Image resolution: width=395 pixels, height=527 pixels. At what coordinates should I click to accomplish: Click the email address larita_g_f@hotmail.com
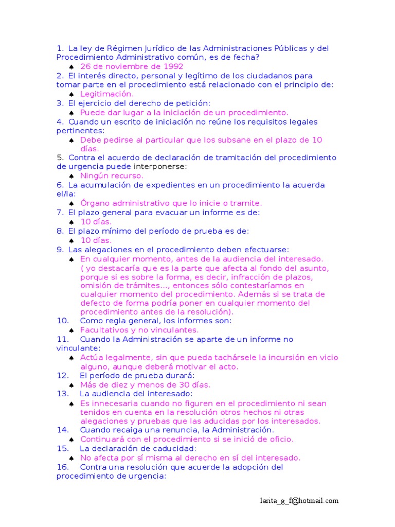coord(299,501)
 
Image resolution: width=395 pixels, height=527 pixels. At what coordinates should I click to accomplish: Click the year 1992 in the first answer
coord(173,66)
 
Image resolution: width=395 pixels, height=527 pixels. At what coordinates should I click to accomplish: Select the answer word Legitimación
coord(107,94)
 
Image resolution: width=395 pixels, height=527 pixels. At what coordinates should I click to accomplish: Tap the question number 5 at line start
coord(60,157)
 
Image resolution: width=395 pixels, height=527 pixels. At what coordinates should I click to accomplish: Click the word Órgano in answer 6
coord(95,203)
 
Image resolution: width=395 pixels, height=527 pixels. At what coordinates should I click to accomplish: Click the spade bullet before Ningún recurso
coord(71,176)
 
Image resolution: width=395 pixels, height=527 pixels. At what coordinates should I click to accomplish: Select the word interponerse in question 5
coord(160,167)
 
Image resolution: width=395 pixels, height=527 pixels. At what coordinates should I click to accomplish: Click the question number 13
coord(63,394)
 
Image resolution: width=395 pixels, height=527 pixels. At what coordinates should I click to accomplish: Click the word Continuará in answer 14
coord(101,439)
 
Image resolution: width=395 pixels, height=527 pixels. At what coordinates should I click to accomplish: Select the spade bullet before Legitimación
coord(71,94)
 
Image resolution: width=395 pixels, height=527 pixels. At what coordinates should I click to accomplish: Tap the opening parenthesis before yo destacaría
coord(82,269)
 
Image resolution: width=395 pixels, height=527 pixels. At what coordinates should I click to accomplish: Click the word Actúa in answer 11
coord(91,357)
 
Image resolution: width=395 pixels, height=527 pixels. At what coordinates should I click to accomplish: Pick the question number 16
coord(63,467)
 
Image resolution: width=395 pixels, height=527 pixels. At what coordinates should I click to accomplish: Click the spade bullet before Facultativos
coord(71,330)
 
